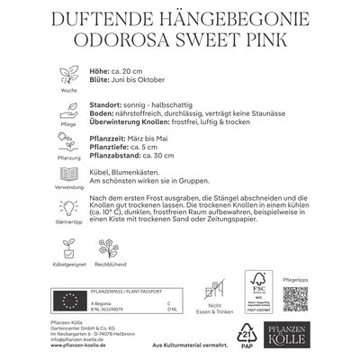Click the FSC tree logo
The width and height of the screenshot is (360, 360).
(263, 292)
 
